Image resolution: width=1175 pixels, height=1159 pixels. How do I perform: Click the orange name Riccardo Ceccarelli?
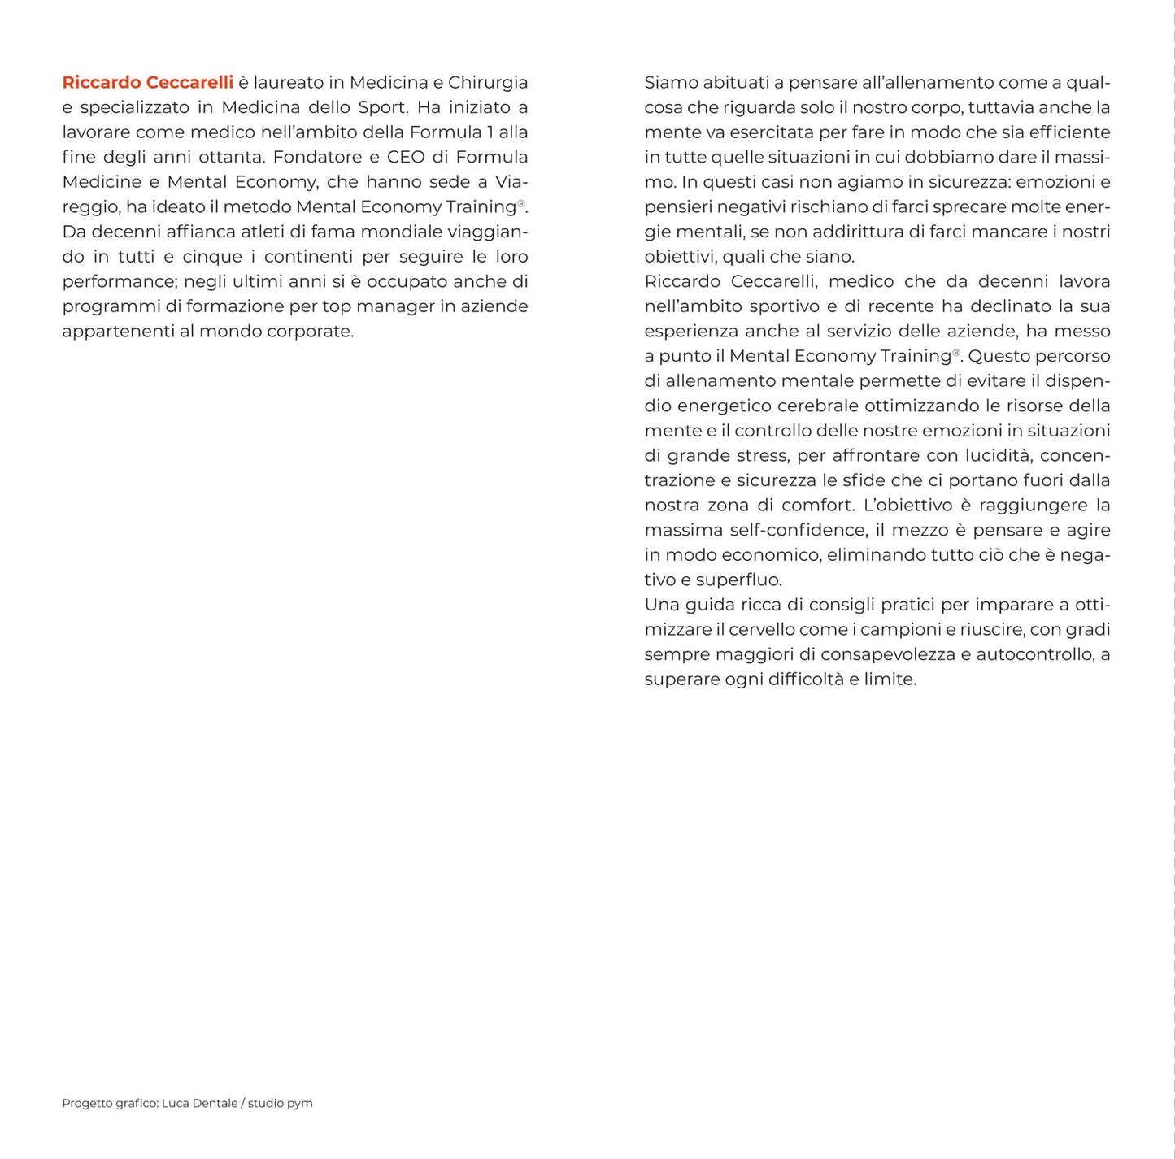147,82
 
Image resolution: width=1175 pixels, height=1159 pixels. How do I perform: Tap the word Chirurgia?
488,82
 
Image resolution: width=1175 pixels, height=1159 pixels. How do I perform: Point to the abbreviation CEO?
408,157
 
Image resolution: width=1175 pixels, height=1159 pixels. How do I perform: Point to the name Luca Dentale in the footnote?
199,1103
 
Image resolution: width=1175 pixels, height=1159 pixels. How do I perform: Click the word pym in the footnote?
300,1104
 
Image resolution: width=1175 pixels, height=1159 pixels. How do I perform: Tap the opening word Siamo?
671,82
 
